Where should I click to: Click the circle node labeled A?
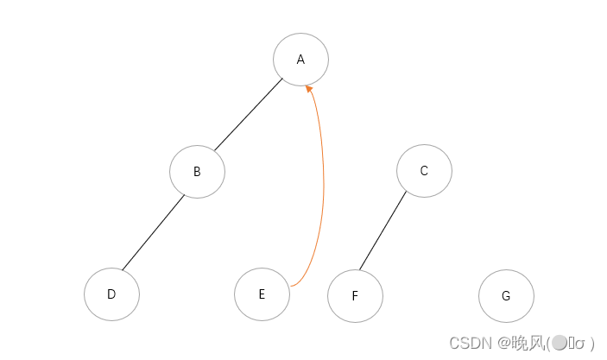(x=300, y=60)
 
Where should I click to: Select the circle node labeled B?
(x=197, y=171)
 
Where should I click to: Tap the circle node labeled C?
(x=424, y=170)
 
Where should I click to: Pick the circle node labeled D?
(x=111, y=294)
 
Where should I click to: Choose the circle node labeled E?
(x=262, y=294)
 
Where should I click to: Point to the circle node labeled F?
(x=355, y=296)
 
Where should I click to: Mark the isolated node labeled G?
(x=506, y=295)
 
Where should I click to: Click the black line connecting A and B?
(x=249, y=116)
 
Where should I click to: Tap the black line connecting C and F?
(x=383, y=231)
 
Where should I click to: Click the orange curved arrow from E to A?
(x=322, y=181)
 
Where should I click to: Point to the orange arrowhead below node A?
(x=309, y=88)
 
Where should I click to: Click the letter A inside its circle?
(x=300, y=60)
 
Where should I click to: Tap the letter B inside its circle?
(x=197, y=171)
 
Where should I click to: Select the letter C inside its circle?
(x=424, y=170)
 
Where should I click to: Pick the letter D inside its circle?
(x=111, y=294)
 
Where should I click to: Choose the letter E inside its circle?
(x=262, y=294)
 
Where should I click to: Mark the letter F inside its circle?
(x=355, y=296)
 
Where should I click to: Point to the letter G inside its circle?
(x=506, y=295)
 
